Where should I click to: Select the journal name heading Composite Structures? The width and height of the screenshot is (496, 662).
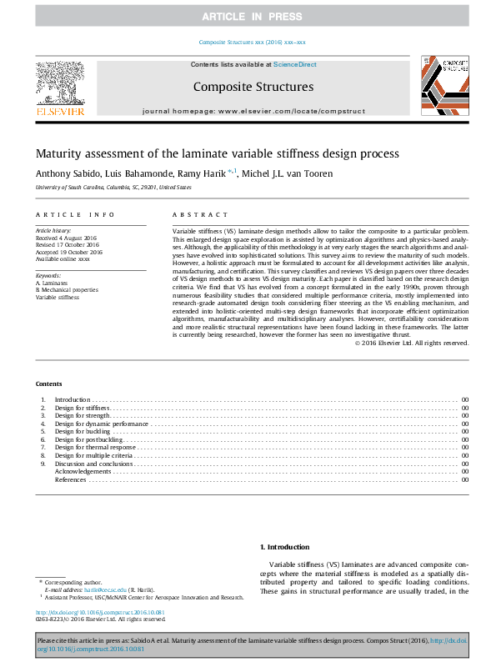(253, 87)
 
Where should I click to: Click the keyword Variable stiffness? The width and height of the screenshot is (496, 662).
(58, 297)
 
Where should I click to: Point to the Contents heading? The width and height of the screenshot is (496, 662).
(48, 384)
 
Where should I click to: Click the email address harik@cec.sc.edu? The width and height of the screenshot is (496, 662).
(111, 589)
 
